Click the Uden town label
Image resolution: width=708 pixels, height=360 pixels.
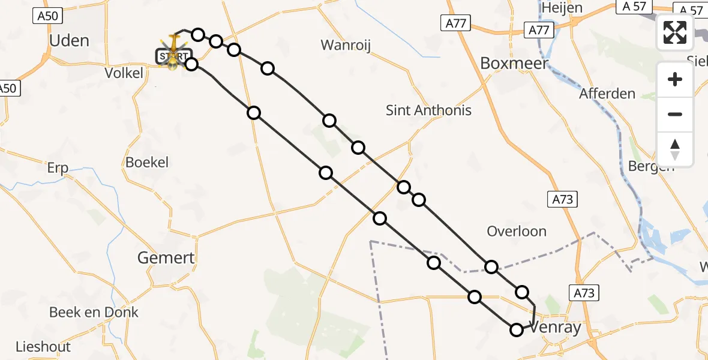pos(69,41)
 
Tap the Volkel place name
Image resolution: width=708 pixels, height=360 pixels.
pos(123,73)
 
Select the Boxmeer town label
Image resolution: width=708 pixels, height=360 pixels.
pos(515,63)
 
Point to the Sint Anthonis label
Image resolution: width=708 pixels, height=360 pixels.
pos(428,110)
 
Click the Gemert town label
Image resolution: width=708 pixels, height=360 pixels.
pos(166,258)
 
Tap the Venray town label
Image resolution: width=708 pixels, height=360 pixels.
pos(556,328)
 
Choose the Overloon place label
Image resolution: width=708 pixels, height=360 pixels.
pos(517,232)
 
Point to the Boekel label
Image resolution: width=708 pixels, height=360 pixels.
pos(147,162)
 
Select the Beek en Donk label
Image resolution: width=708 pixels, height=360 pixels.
pos(94,312)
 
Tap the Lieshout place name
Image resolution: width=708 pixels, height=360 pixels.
pos(43,347)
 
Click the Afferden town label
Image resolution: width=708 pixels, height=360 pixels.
pos(607,94)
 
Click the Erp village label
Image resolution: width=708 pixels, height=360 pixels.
pos(58,169)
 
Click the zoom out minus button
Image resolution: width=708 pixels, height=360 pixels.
pos(675,114)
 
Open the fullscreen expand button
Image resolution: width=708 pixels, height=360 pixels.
pos(675,32)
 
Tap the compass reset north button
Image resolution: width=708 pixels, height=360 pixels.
pos(675,149)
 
